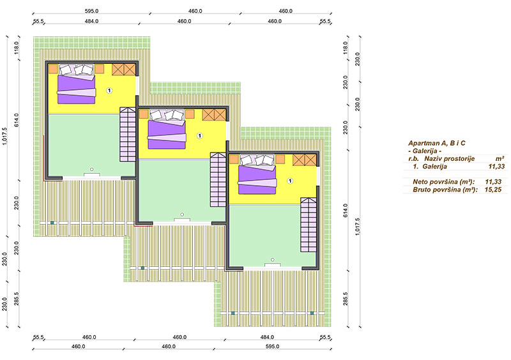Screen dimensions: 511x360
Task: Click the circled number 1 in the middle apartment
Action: point(200,135)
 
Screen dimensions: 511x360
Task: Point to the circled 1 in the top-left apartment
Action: point(109,90)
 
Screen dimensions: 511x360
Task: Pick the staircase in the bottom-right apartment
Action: point(309,225)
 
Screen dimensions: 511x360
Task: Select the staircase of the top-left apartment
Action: point(128,134)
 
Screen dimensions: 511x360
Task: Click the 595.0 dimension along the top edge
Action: point(91,11)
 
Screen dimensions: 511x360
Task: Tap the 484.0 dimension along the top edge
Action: point(91,22)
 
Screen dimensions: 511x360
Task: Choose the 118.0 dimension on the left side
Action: point(17,48)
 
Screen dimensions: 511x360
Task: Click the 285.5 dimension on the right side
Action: point(346,299)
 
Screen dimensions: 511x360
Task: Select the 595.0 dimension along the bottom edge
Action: point(272,347)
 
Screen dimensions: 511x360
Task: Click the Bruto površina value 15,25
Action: point(493,190)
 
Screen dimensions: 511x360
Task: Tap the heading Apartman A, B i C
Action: point(437,143)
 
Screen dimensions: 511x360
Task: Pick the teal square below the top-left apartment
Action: point(52,223)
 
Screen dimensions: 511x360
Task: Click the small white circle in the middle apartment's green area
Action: point(182,214)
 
